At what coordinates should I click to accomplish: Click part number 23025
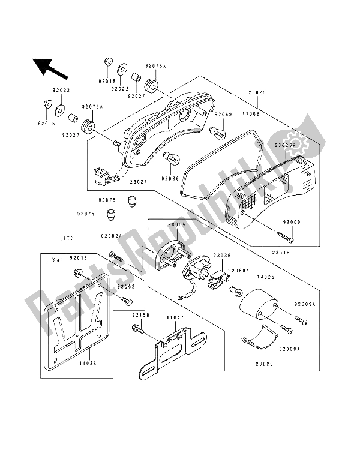257,92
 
